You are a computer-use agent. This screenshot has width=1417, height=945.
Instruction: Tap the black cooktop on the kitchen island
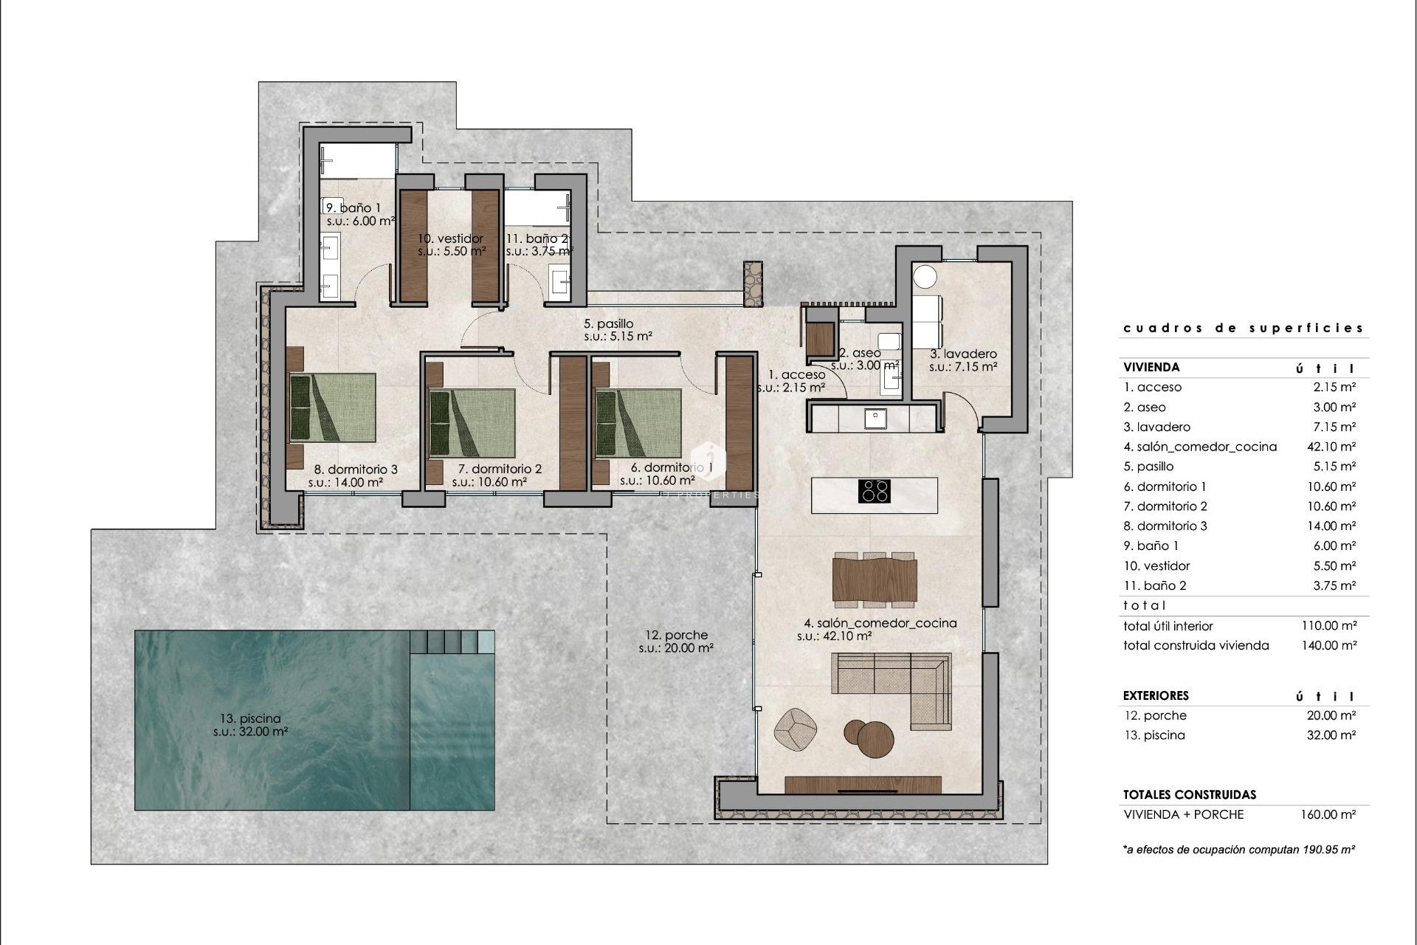click(x=875, y=491)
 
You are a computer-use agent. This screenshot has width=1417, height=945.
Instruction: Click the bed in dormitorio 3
click(x=333, y=408)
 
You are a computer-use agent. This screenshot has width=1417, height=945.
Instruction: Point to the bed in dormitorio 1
click(x=638, y=422)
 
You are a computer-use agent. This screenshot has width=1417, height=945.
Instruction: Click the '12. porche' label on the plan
click(x=675, y=635)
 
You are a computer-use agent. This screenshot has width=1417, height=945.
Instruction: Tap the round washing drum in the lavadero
click(x=925, y=277)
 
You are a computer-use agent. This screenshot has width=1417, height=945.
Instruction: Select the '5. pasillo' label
click(x=608, y=323)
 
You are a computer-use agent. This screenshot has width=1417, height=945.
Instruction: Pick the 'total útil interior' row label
click(x=1168, y=626)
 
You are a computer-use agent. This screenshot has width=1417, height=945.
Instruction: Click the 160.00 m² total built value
click(x=1328, y=814)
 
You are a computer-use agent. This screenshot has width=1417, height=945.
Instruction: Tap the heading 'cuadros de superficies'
click(x=1243, y=328)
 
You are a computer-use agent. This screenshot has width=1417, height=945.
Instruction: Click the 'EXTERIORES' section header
click(x=1156, y=695)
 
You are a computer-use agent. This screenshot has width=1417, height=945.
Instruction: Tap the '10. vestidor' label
click(x=450, y=238)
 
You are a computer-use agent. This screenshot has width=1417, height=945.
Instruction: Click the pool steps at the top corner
click(x=452, y=641)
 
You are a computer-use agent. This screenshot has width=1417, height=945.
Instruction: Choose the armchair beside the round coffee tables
click(x=795, y=729)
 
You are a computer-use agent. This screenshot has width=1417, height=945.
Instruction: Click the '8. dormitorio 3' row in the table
click(x=1165, y=526)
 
